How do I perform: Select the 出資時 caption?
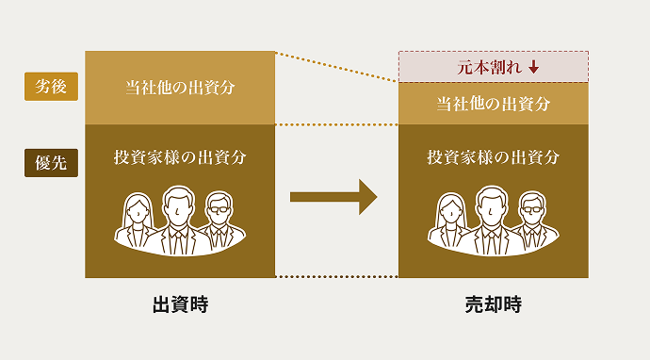tap(180, 305)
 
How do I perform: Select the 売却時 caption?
tap(493, 305)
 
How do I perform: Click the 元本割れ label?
tap(484, 67)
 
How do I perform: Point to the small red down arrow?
tap(533, 67)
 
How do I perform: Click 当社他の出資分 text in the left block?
tap(180, 88)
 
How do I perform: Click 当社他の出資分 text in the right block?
tap(493, 104)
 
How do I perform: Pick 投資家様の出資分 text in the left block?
tap(180, 157)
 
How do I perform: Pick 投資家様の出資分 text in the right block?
tap(493, 157)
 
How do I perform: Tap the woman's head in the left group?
tap(138, 209)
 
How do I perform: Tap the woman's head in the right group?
tap(451, 209)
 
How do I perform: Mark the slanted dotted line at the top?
tap(336, 67)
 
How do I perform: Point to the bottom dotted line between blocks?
tap(336, 277)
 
